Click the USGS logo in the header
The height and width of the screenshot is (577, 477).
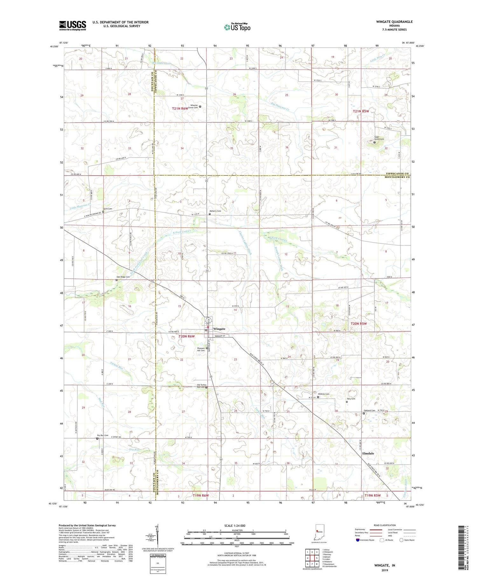point(73,25)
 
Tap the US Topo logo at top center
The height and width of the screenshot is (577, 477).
point(237,27)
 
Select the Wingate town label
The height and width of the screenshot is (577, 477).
point(219,329)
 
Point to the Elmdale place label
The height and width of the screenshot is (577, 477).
point(368,453)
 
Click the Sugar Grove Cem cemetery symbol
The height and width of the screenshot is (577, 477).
point(374,142)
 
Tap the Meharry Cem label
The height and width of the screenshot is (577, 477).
point(215,211)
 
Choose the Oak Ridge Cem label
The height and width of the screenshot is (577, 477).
point(123,277)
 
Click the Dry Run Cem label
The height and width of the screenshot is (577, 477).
point(103,435)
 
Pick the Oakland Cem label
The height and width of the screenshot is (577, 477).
point(369,411)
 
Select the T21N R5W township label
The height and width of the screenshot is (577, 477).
point(361,111)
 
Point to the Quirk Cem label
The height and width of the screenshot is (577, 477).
point(108,209)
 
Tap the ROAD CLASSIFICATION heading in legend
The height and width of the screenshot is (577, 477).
point(385,525)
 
